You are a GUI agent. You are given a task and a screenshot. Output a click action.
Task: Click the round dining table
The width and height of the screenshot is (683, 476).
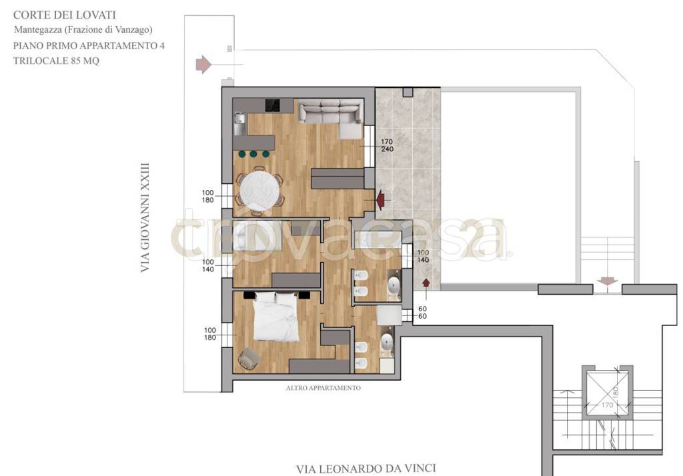[x=259, y=191]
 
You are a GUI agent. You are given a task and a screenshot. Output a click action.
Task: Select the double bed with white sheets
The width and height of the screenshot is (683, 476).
[x=276, y=316]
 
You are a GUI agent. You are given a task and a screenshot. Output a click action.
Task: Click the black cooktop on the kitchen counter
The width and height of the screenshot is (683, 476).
[x=273, y=105]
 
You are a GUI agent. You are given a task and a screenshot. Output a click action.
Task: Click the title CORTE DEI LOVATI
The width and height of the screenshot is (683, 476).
[x=65, y=15]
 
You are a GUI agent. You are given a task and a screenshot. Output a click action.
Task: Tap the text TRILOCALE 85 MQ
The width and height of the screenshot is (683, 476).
[x=56, y=61]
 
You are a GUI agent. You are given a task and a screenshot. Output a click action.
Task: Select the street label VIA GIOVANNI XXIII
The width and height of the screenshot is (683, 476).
[x=145, y=218]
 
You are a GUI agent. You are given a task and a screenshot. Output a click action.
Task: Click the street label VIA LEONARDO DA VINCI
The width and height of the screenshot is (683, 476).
[x=366, y=469]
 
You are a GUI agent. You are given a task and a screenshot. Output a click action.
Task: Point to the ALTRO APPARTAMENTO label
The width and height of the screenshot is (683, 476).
[x=323, y=387]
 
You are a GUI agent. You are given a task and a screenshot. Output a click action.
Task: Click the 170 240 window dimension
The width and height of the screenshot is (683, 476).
[x=387, y=145]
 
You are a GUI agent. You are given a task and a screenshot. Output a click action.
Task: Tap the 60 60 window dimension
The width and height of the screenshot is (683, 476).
[x=422, y=312]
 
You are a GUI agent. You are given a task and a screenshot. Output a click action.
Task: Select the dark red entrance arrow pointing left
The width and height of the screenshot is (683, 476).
[x=380, y=200]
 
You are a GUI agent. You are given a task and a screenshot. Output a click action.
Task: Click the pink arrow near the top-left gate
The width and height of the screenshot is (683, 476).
[x=203, y=65]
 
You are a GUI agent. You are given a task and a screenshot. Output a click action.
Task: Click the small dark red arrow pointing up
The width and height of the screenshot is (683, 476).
[x=426, y=282]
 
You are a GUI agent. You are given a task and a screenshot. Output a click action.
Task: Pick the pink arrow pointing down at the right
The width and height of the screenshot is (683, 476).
[x=607, y=281]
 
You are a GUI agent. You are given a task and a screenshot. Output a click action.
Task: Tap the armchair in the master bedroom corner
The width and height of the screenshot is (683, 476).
[x=249, y=359]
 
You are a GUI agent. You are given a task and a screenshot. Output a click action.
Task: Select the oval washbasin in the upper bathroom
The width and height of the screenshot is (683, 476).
[x=394, y=287]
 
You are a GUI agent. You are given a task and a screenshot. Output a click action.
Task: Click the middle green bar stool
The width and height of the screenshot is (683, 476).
[x=253, y=154]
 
